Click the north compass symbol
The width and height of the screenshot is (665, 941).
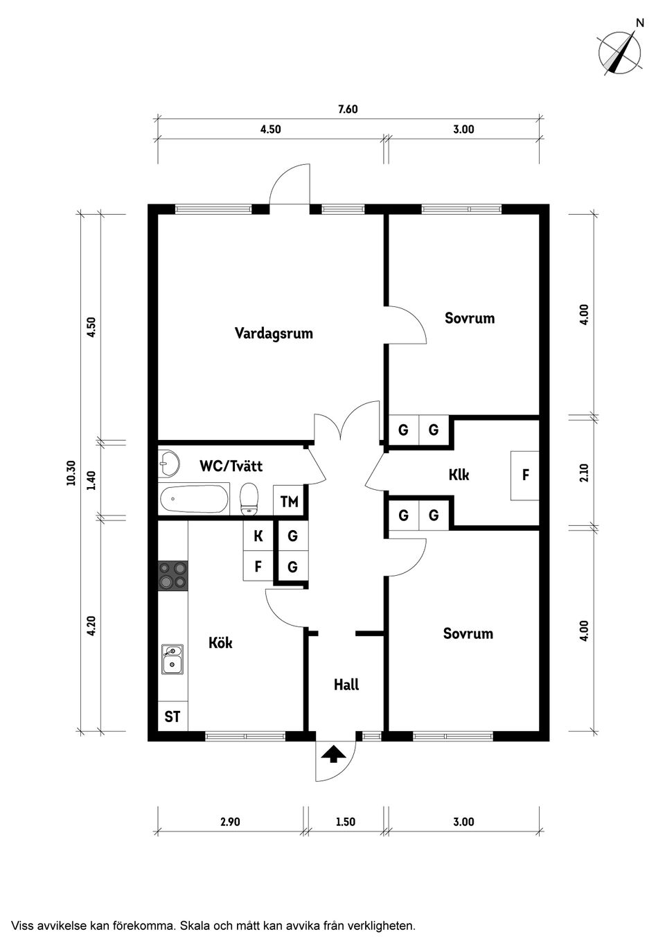(620, 53)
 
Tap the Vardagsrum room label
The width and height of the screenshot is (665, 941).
(274, 333)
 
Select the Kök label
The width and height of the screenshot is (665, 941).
(220, 643)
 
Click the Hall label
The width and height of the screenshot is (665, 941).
(346, 685)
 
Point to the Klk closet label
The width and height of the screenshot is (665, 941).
(459, 475)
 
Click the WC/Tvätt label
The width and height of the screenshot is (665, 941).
(231, 466)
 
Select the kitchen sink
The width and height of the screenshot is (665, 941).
(172, 659)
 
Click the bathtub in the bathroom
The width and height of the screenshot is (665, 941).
(194, 500)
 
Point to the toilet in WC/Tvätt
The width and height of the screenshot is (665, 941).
(249, 499)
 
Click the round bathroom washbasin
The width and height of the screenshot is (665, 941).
(168, 461)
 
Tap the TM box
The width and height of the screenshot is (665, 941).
(289, 501)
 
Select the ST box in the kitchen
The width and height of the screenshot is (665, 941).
(172, 716)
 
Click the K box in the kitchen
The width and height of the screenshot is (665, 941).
(258, 536)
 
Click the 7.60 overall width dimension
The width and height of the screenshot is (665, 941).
(348, 109)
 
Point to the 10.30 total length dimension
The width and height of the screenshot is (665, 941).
(71, 473)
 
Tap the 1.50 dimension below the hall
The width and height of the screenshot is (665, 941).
(345, 822)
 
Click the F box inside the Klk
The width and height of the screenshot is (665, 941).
(526, 475)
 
